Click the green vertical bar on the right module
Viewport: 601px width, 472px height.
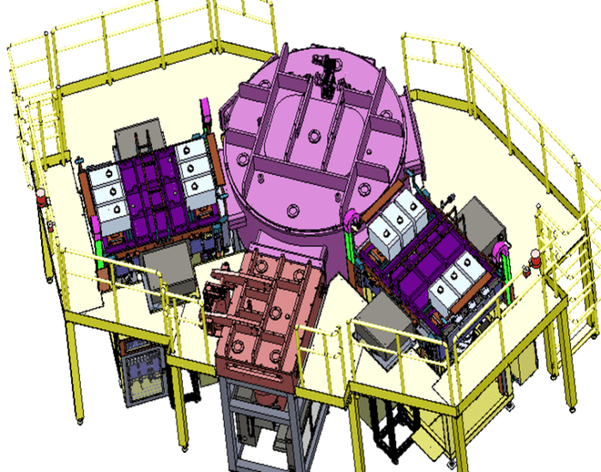coord(507,266)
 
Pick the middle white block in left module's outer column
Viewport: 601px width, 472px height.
coord(108,184)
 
